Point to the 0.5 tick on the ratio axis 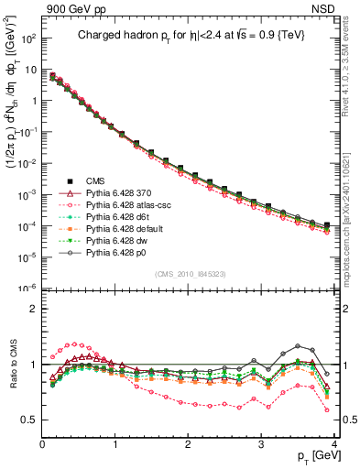pyautogui.click(x=30, y=420)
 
